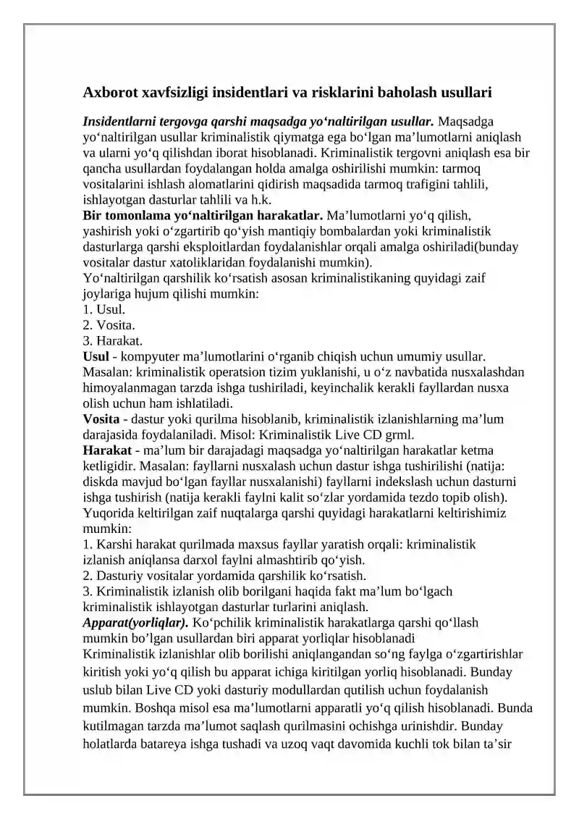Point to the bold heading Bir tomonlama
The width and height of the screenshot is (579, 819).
(x=127, y=215)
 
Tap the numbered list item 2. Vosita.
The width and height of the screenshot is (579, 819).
(x=104, y=324)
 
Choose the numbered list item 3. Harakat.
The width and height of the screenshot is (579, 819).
(x=109, y=340)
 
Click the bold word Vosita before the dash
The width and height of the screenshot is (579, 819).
(x=101, y=419)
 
